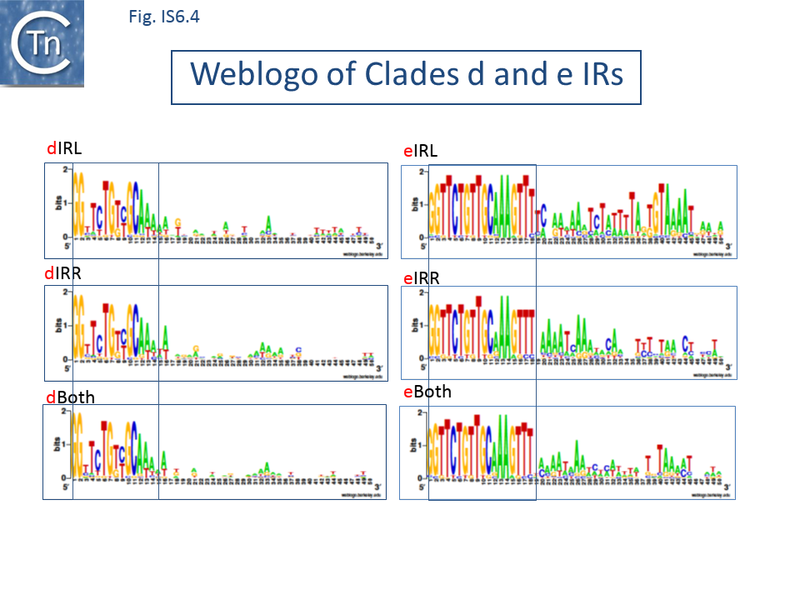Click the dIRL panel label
point(64,148)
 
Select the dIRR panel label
point(64,272)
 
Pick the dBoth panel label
point(70,397)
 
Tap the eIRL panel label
point(420,151)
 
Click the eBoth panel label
point(427,391)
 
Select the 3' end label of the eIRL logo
point(728,247)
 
